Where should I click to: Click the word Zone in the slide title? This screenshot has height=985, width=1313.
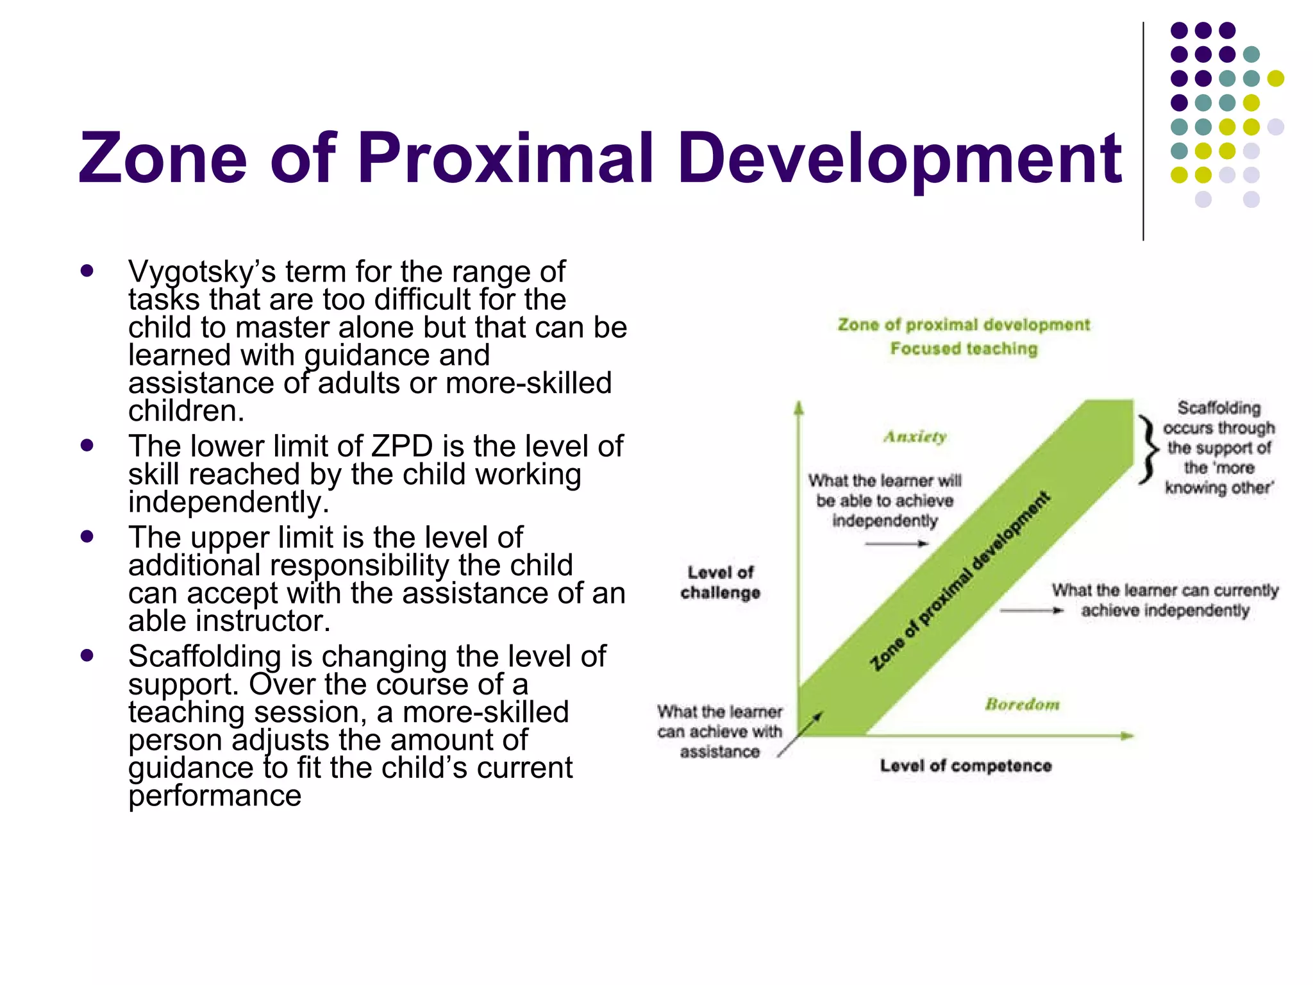click(163, 158)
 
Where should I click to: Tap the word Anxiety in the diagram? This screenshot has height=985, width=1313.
click(915, 437)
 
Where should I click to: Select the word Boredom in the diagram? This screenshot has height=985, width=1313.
click(1022, 705)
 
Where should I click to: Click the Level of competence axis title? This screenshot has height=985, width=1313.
click(966, 766)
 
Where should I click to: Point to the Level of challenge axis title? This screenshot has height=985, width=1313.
click(721, 582)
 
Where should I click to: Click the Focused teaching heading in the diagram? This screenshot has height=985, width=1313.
click(964, 349)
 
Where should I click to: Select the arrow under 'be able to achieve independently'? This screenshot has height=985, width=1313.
click(896, 544)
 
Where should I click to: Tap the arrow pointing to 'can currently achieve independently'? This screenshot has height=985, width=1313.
click(1032, 610)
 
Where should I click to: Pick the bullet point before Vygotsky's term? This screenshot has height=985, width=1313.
click(87, 271)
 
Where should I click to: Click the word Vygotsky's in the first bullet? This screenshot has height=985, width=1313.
click(201, 272)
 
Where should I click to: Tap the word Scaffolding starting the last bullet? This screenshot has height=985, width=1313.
click(205, 657)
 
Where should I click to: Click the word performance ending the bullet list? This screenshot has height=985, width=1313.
click(215, 796)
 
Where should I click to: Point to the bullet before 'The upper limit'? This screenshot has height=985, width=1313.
click(87, 536)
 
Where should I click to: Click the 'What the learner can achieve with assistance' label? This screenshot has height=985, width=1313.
click(719, 732)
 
